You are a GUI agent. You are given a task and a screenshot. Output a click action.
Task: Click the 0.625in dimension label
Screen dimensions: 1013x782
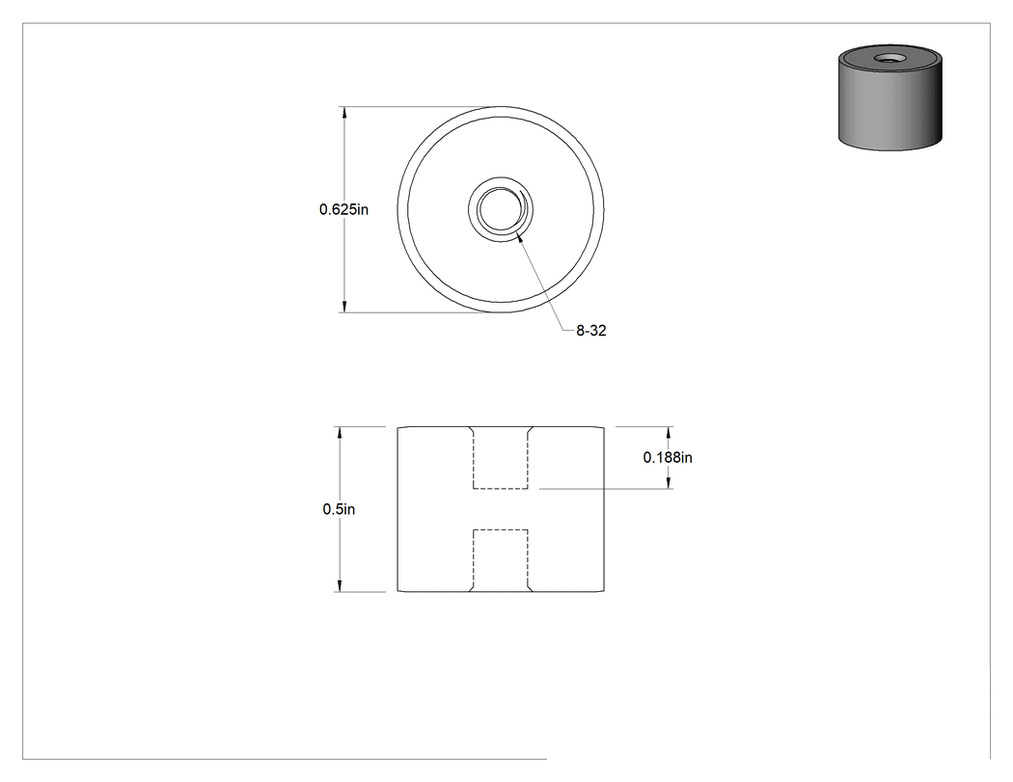pyautogui.click(x=343, y=209)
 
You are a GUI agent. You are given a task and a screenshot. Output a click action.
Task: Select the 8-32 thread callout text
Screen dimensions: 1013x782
pyautogui.click(x=591, y=331)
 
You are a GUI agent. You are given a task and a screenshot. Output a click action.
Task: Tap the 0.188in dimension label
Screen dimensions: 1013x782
pyautogui.click(x=668, y=457)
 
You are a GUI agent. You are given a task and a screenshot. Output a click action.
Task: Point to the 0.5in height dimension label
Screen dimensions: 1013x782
pyautogui.click(x=339, y=509)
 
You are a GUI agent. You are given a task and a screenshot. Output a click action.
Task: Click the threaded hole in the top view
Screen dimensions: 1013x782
pyautogui.click(x=501, y=208)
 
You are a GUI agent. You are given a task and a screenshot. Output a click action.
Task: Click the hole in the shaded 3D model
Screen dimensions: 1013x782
pyautogui.click(x=889, y=59)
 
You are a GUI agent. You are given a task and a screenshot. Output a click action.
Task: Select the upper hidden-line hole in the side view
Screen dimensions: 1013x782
pyautogui.click(x=501, y=458)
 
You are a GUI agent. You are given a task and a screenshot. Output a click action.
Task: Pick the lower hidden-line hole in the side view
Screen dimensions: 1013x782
pyautogui.click(x=501, y=560)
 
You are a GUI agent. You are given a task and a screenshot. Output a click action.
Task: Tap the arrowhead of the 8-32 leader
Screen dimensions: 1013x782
pyautogui.click(x=520, y=237)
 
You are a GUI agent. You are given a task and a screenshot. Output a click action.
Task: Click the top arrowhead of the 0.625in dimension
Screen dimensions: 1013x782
pyautogui.click(x=344, y=113)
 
